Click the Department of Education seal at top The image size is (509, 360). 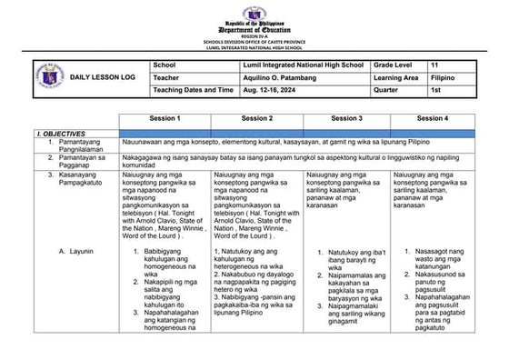(254, 9)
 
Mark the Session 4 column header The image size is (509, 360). (432, 118)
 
